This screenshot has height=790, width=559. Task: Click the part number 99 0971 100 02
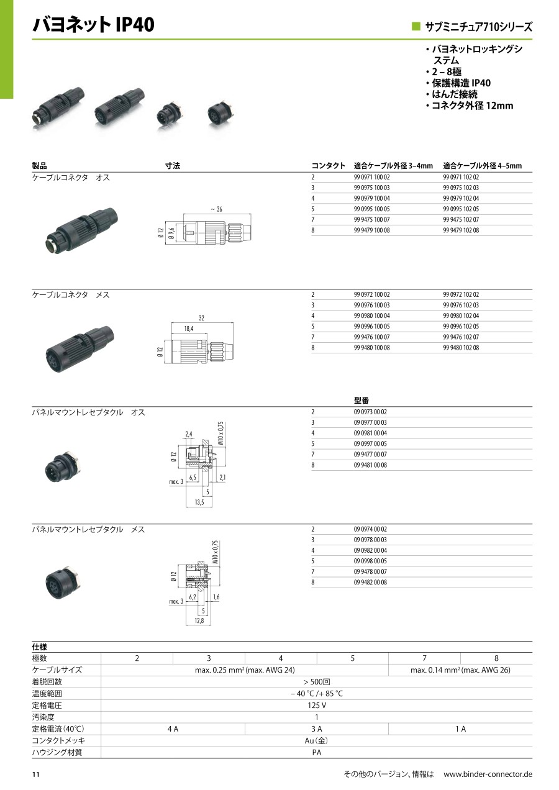tap(371, 177)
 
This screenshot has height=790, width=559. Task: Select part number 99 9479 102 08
tap(461, 230)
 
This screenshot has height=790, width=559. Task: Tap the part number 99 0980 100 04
tap(371, 316)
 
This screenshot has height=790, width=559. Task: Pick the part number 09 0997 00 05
tap(370, 443)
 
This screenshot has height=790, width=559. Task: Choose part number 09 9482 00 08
tap(370, 583)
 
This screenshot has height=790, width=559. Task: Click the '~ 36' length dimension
tap(217, 209)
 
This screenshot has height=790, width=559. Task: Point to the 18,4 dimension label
tap(189, 329)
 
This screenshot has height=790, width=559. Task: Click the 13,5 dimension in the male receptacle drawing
tap(199, 502)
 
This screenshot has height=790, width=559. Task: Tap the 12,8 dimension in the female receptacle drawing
tap(199, 620)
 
